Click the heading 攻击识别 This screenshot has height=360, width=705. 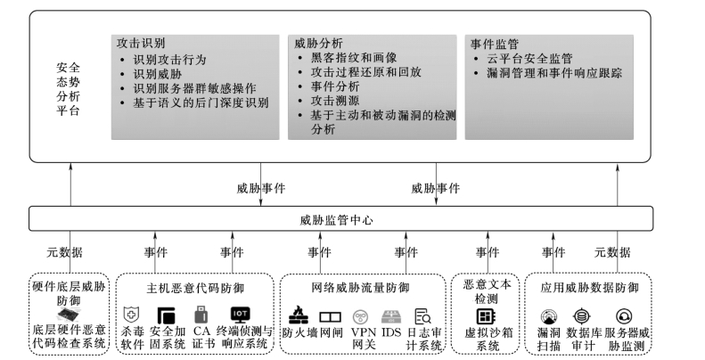click(141, 42)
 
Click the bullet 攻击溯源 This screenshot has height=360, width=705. click(330, 102)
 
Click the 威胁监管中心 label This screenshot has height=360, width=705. click(335, 218)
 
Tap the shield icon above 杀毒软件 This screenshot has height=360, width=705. click(132, 315)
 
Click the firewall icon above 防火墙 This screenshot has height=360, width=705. click(299, 315)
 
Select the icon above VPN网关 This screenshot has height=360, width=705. click(361, 315)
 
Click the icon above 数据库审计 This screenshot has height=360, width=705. click(582, 315)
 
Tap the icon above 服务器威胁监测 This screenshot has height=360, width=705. click(624, 315)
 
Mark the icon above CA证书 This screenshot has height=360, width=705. click(201, 315)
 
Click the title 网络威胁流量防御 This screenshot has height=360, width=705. click(362, 287)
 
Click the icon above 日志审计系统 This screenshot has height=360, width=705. click(423, 315)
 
